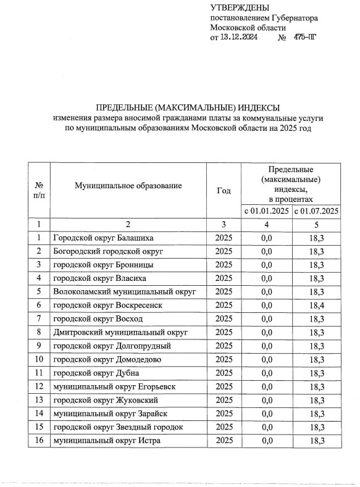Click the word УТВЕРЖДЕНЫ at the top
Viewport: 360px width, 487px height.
tap(240, 8)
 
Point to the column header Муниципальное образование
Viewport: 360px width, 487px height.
tap(128, 185)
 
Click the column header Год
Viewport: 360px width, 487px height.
tap(224, 190)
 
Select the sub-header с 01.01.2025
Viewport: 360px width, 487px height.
tap(266, 211)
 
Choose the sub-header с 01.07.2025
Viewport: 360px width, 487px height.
tap(317, 211)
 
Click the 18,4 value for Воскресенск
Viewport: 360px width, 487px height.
tap(317, 306)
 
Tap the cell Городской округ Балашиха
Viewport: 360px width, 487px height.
tap(103, 238)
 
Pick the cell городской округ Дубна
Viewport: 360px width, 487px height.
tap(96, 373)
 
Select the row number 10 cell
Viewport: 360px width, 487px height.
tap(39, 359)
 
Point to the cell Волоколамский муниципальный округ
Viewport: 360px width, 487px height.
tap(124, 292)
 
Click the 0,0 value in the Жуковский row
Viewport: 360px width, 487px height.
tap(267, 400)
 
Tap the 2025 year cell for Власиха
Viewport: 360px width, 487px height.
tap(224, 278)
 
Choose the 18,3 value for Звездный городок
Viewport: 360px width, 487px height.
tap(317, 427)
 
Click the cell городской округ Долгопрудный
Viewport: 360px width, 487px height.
tap(112, 346)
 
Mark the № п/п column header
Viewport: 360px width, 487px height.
tap(39, 190)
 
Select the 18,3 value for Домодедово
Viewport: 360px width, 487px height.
tap(317, 359)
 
